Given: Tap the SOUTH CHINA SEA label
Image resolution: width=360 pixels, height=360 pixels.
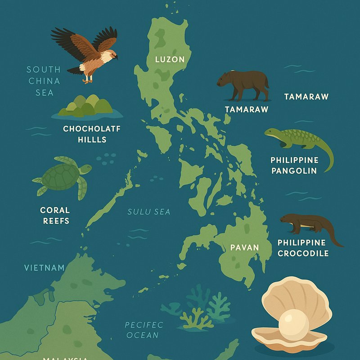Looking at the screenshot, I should [x=44, y=81].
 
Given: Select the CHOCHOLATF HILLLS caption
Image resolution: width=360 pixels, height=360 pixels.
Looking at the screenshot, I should [x=92, y=134].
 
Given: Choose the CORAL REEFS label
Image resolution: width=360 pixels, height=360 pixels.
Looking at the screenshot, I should [x=55, y=215].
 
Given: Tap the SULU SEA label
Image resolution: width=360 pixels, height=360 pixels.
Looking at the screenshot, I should [x=149, y=211].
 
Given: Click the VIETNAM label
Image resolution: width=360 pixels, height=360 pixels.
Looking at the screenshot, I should [x=44, y=268].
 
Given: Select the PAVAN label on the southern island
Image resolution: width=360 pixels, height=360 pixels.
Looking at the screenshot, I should [x=244, y=247].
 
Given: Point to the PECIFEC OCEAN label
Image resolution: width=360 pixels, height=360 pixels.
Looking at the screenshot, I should [x=144, y=329].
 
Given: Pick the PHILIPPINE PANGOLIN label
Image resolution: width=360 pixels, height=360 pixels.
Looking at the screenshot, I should [x=294, y=165].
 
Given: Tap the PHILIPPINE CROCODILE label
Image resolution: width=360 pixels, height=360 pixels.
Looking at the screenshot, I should [x=303, y=248].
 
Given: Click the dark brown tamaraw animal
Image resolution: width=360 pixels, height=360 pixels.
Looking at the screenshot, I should [x=243, y=84].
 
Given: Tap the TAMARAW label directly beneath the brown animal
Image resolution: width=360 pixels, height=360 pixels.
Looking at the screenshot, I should [x=247, y=109].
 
